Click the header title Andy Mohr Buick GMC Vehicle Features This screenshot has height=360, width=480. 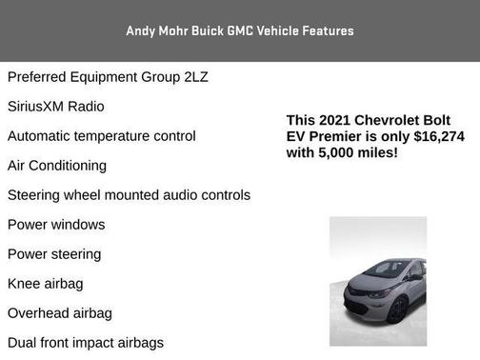[x=239, y=30]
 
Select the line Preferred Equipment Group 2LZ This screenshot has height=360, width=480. [x=108, y=76]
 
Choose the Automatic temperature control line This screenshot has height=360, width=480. [x=102, y=135]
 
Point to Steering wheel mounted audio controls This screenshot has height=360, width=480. [x=129, y=194]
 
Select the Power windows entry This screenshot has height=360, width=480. [x=56, y=225]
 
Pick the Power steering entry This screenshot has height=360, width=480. [x=54, y=254]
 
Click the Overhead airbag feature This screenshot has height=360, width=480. [x=60, y=313]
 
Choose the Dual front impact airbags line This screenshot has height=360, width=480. [x=86, y=343]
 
